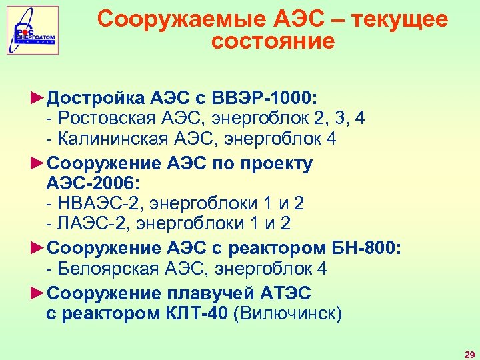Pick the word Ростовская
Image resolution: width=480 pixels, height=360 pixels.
tap(106, 119)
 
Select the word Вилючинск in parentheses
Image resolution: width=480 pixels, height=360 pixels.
tap(287, 313)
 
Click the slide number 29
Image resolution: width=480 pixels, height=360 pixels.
tap(469, 353)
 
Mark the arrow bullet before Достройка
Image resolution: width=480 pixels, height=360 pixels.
tap(38, 99)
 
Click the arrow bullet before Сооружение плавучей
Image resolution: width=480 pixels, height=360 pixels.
tap(38, 293)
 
